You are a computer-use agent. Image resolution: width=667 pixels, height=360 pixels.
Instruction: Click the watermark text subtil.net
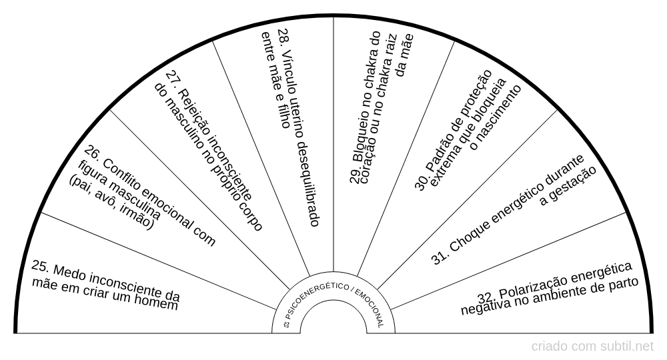click(627, 347)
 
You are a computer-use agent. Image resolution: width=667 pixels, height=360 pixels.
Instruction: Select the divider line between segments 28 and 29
click(333, 144)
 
